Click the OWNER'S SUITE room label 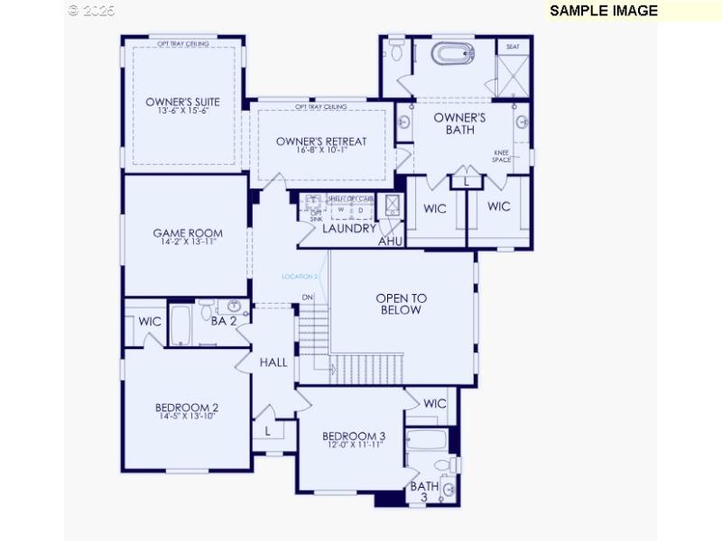[182, 102]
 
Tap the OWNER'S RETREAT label [321, 142]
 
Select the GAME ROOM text [187, 234]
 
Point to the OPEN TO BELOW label [401, 304]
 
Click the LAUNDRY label [349, 229]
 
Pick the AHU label [390, 242]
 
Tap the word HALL [273, 362]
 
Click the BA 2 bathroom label [224, 320]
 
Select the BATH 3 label [424, 492]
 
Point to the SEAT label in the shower [513, 46]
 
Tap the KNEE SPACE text [502, 156]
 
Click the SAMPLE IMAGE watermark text [604, 11]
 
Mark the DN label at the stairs [308, 297]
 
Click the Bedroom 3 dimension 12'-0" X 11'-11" [354, 445]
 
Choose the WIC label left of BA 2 [150, 321]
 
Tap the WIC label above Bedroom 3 [435, 403]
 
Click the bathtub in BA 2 [180, 325]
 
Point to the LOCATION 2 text [300, 276]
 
